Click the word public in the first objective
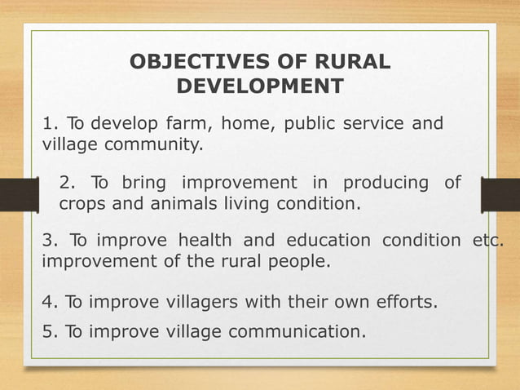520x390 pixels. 312,125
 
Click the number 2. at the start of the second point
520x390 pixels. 68,181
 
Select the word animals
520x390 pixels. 167,203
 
